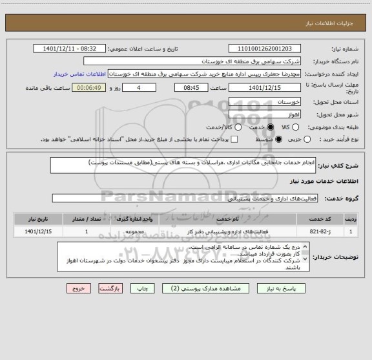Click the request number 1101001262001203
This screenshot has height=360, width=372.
coord(265,48)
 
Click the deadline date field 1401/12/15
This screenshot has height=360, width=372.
coord(265,87)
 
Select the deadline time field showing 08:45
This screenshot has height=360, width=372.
coord(192,87)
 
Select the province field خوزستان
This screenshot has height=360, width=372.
coord(265,102)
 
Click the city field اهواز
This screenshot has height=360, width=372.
coord(265,114)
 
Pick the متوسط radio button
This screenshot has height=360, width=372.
coord(278,139)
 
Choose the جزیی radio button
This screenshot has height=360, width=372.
coord(307,139)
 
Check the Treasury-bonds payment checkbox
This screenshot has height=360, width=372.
coord(234,139)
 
